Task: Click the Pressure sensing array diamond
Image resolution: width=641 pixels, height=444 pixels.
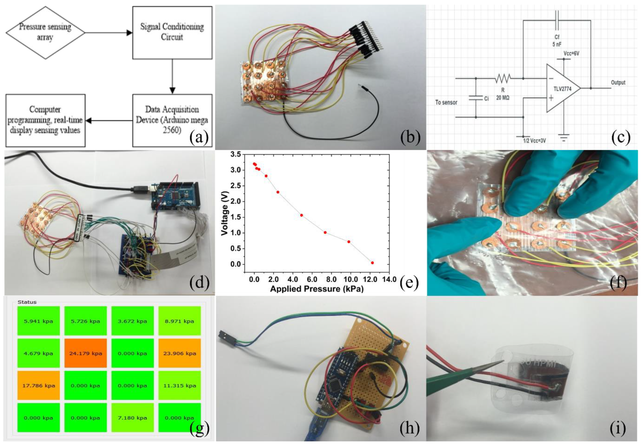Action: pyautogui.click(x=45, y=32)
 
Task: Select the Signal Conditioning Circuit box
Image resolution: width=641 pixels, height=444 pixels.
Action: pyautogui.click(x=172, y=32)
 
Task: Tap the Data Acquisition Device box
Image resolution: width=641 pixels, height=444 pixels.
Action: pyautogui.click(x=172, y=120)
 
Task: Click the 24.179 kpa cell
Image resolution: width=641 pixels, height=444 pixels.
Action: pyautogui.click(x=85, y=353)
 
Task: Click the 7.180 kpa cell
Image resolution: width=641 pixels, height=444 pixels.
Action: pyautogui.click(x=132, y=418)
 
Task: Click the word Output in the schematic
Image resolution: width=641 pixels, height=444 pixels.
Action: pyautogui.click(x=618, y=83)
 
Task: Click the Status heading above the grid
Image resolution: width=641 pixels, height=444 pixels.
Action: pyautogui.click(x=27, y=302)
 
